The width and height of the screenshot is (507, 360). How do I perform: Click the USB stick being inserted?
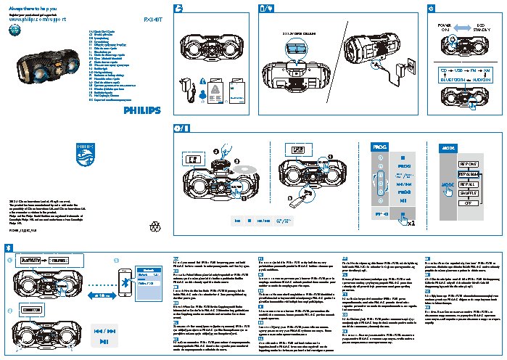coord(294,198)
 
